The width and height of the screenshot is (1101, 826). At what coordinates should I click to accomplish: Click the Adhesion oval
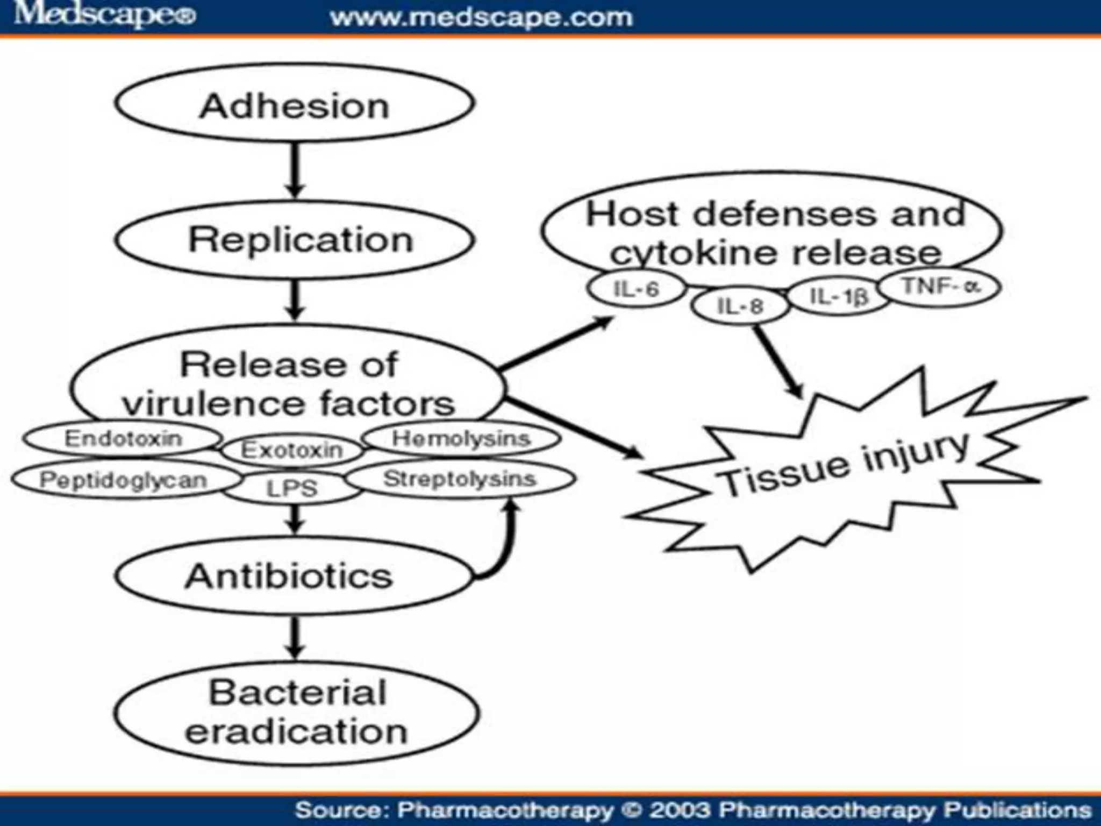(x=295, y=104)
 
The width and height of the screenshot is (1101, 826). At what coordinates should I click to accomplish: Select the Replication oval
(x=295, y=239)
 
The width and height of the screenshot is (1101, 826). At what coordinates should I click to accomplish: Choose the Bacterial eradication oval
(x=296, y=713)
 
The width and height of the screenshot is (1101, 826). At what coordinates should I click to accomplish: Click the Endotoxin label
(x=123, y=438)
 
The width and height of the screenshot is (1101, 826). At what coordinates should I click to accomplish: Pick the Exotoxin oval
(x=292, y=450)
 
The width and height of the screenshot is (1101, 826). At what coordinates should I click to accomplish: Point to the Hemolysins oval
(x=461, y=438)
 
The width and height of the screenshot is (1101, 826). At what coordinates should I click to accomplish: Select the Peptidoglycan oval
(x=124, y=480)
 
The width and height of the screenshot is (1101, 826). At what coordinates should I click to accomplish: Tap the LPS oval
(x=292, y=488)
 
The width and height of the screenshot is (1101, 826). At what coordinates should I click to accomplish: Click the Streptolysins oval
(x=460, y=479)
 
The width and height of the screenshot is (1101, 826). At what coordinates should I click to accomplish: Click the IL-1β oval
(x=839, y=295)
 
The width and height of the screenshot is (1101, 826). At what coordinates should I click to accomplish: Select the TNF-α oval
(x=941, y=286)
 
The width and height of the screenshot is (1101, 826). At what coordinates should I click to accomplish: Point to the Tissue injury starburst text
(x=844, y=465)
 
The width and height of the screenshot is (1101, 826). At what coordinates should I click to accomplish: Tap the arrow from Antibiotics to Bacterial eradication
(x=294, y=637)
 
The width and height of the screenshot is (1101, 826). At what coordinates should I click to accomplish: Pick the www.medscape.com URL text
(x=481, y=18)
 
